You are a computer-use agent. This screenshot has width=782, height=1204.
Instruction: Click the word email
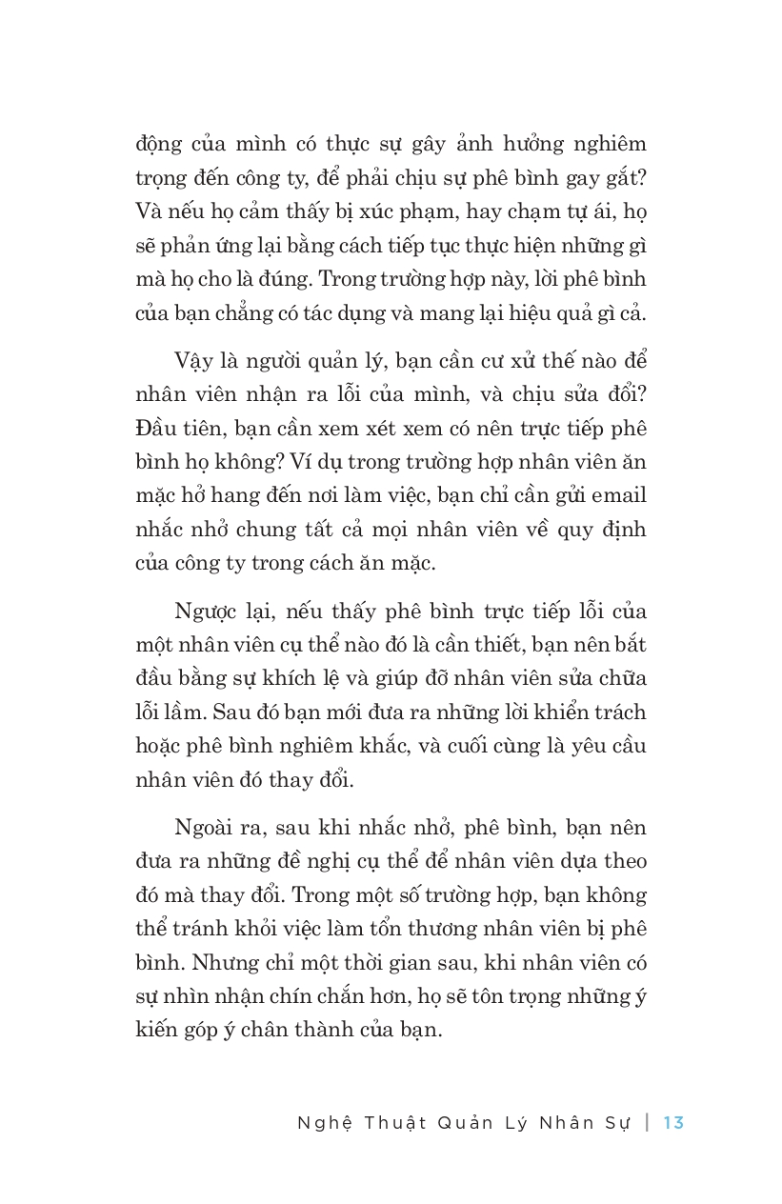(x=618, y=496)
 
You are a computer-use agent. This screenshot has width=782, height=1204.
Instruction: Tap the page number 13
(x=673, y=1122)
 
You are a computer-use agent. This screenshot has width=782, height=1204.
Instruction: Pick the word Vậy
(x=193, y=362)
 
